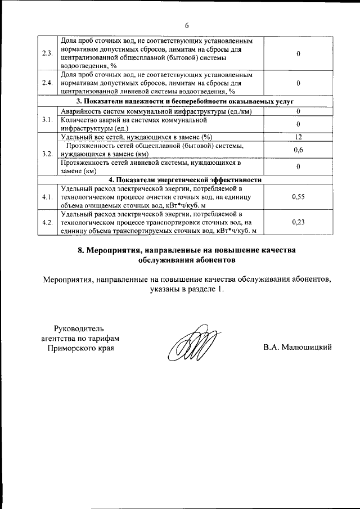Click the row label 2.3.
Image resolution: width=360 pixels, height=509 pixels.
[x=47, y=53]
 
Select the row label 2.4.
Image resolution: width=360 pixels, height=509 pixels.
[x=47, y=83]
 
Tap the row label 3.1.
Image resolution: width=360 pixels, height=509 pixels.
[x=47, y=119]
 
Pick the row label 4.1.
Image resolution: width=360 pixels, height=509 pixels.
[x=47, y=197]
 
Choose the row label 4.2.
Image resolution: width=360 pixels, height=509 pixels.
[x=47, y=222]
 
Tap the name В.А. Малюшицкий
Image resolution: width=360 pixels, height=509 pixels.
[x=297, y=347]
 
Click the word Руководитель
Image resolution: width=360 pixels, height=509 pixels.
[x=78, y=328]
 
